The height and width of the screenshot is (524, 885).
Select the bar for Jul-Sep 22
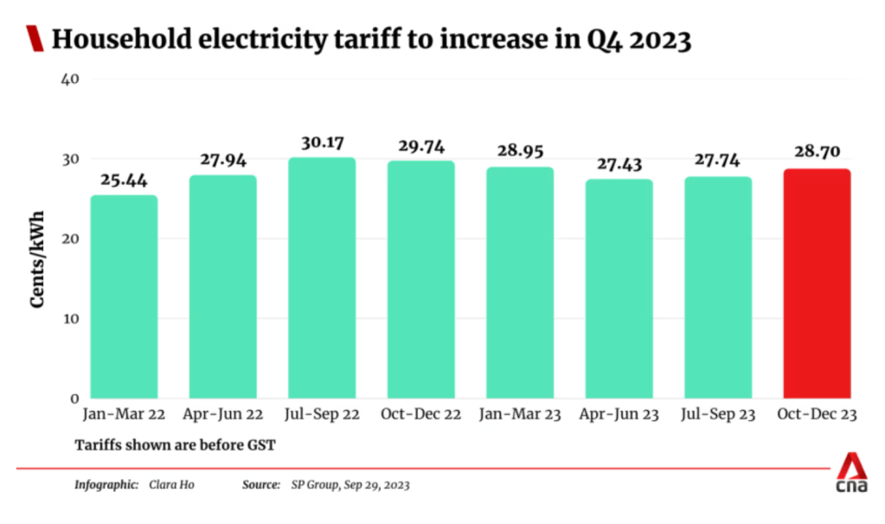(322, 278)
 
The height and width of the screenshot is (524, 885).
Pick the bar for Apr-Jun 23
(619, 289)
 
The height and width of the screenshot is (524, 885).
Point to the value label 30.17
(322, 140)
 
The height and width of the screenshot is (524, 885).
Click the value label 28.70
(817, 151)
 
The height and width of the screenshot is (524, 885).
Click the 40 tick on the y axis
(70, 80)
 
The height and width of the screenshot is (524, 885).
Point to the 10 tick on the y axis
(71, 319)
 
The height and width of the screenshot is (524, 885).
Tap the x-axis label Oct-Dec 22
(420, 416)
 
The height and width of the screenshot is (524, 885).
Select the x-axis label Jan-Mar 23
(520, 416)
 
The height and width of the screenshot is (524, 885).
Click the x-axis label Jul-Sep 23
(717, 416)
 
